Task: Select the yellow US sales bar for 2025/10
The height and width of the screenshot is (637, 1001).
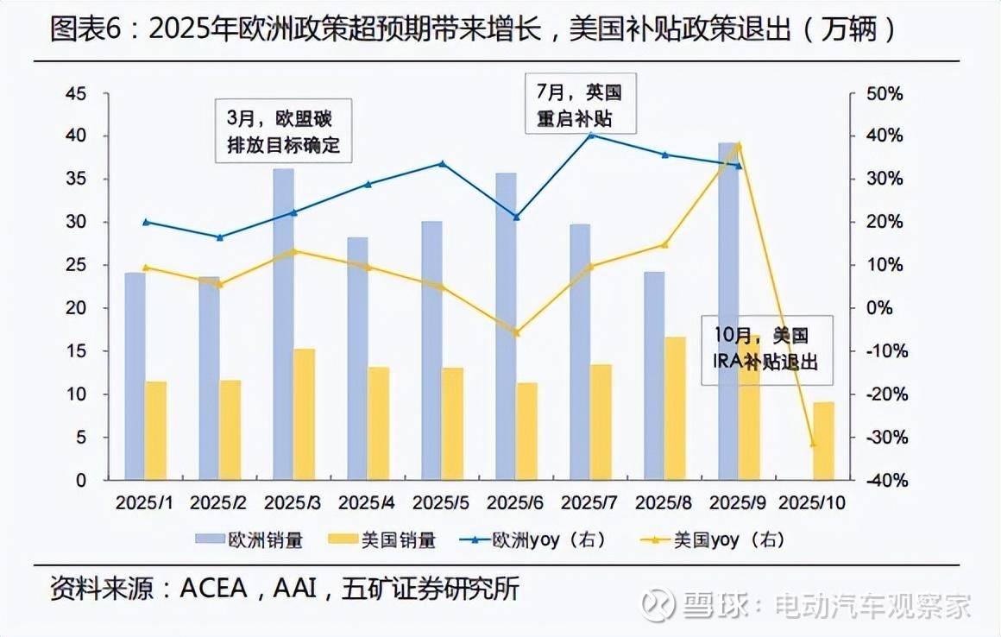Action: click(823, 440)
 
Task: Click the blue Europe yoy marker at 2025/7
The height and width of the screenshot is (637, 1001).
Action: click(591, 135)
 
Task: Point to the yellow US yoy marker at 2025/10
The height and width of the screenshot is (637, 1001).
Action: click(812, 444)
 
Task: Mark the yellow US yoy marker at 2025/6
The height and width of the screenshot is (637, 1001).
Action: click(517, 332)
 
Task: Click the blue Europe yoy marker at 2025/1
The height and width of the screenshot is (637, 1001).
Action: click(146, 222)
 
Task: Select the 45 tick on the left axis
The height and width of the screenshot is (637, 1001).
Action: click(76, 93)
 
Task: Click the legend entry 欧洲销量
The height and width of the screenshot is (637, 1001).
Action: click(250, 541)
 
